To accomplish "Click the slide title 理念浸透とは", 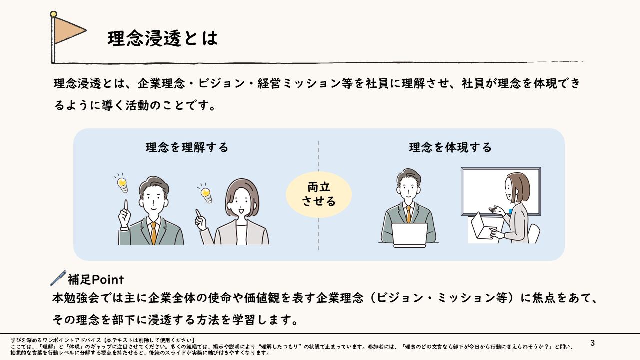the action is pos(162,38).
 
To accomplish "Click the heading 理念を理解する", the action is pos(187,147).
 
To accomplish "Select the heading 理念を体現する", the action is pos(450,147).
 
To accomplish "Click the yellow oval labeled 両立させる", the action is pos(319,194).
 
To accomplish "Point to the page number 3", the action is pos(592,343).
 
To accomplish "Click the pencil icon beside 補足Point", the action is pos(58,278).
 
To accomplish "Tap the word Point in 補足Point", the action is pos(107,279).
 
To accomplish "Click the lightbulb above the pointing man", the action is pos(122,183).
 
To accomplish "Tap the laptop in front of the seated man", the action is pos(409,235).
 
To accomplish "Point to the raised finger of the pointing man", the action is pos(126,205).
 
